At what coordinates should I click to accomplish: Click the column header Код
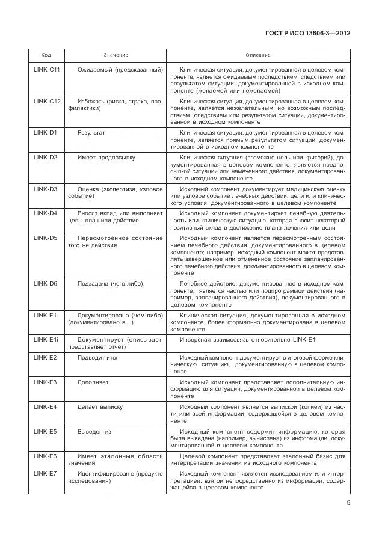(46, 55)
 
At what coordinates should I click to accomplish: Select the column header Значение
(116, 55)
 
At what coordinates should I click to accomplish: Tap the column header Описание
(258, 55)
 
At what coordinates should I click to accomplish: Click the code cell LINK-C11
(47, 70)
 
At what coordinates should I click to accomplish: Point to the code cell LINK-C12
(47, 102)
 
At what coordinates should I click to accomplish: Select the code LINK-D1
(45, 132)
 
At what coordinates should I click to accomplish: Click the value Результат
(91, 132)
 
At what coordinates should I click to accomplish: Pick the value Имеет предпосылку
(106, 158)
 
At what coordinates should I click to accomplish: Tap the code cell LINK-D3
(45, 189)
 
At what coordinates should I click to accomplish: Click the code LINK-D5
(45, 238)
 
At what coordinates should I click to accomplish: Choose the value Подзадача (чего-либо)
(110, 283)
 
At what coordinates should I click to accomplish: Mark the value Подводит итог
(98, 357)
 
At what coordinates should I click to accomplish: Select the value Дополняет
(93, 382)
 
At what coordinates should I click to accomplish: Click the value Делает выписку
(100, 406)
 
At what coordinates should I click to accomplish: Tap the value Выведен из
(94, 431)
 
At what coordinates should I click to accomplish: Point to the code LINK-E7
(45, 474)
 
